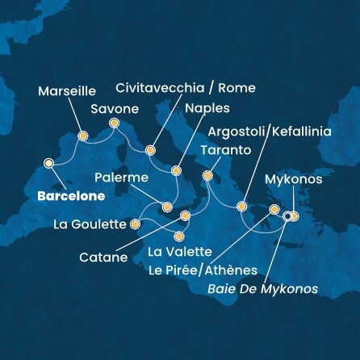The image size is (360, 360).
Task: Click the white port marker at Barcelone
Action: tap(48, 163)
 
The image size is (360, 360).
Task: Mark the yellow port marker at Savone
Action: tap(114, 124)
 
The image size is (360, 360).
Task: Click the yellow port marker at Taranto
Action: tap(207, 174)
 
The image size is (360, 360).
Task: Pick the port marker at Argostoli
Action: tap(241, 207)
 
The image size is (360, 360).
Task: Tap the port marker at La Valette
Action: tap(179, 237)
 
